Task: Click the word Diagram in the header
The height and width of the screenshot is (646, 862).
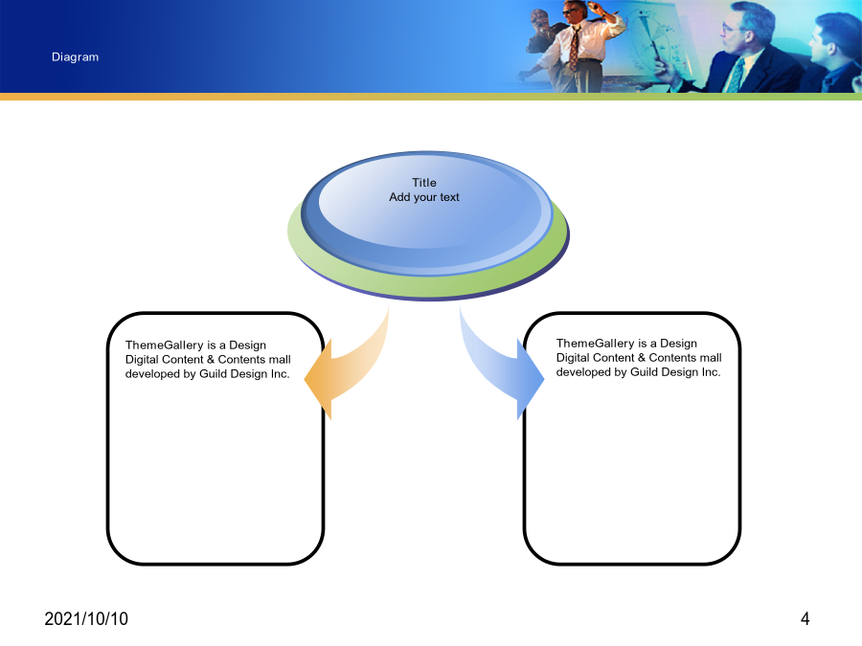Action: point(76,57)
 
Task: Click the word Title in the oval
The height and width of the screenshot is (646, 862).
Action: point(424,183)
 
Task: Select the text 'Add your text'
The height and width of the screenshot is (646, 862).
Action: point(424,197)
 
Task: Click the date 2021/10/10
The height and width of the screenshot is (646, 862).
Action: point(86,619)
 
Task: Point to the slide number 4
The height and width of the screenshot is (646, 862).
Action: point(805,619)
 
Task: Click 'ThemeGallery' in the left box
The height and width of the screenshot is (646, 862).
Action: point(165,345)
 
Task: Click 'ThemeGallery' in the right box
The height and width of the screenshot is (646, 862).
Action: point(596,344)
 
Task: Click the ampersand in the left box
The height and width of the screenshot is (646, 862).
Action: point(211,360)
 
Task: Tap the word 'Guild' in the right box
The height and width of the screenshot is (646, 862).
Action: point(643,372)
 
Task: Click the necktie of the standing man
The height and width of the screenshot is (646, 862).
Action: point(574,49)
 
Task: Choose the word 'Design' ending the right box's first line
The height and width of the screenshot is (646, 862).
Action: point(678,344)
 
